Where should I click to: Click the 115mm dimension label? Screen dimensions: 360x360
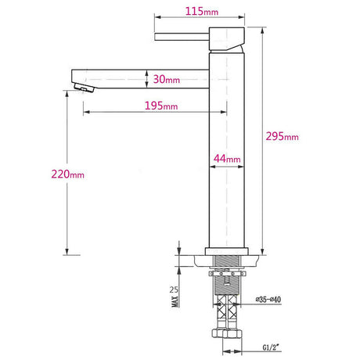tap(202, 12)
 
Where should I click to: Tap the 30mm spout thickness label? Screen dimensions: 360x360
tap(167, 79)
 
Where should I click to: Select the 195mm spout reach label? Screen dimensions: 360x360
tap(161, 106)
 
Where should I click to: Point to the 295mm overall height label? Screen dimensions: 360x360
tap(282, 136)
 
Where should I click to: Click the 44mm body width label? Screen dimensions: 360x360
tap(227, 159)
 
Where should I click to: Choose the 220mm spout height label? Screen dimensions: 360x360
tap(68, 174)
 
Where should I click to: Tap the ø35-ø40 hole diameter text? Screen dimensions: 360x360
tap(268, 300)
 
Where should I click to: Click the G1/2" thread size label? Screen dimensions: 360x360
tap(271, 347)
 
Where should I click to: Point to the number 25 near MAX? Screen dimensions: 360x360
tap(174, 290)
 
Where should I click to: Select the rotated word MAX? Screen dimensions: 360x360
tap(175, 301)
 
